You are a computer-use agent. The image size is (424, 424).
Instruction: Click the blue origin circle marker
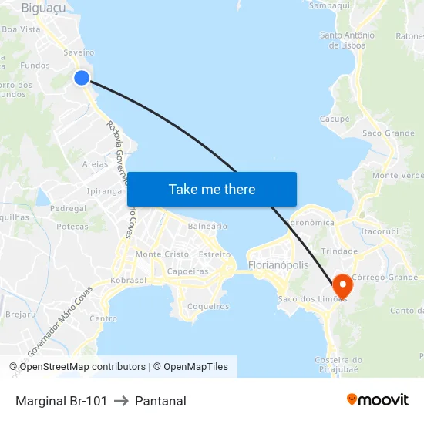click(x=82, y=77)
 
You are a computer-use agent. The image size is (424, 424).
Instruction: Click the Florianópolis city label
click(x=278, y=265)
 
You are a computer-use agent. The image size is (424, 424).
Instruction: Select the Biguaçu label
click(x=43, y=8)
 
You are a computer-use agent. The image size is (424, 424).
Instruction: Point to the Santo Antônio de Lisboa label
click(x=347, y=40)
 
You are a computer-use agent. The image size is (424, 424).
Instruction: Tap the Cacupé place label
click(x=335, y=119)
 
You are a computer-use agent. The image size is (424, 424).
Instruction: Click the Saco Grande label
click(x=388, y=133)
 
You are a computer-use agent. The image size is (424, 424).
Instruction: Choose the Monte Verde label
click(x=397, y=176)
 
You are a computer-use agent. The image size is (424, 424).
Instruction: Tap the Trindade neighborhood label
click(x=339, y=251)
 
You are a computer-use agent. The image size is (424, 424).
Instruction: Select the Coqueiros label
click(x=208, y=306)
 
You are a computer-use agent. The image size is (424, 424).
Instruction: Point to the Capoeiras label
click(x=188, y=271)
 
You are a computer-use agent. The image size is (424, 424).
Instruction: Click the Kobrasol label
click(x=129, y=281)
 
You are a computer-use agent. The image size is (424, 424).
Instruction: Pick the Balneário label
click(x=207, y=227)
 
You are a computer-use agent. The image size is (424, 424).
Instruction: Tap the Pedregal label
click(x=68, y=209)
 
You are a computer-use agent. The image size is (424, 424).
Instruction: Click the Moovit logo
click(x=377, y=399)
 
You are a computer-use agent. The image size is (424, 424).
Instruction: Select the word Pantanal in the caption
click(x=160, y=401)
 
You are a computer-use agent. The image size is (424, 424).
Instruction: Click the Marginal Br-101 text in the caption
click(x=61, y=401)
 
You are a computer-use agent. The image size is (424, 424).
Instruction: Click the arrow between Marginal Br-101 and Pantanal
click(x=121, y=401)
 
